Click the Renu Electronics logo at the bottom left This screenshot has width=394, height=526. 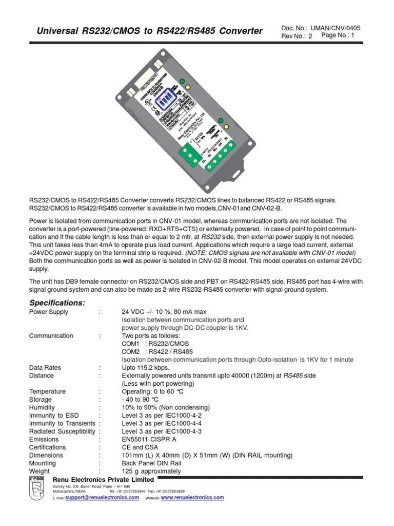tap(37, 490)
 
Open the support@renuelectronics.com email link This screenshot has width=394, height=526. tap(102, 498)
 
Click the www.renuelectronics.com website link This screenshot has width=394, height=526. tap(192, 498)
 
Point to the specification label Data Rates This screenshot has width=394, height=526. tap(45, 368)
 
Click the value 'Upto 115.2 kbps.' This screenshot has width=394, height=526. tap(145, 368)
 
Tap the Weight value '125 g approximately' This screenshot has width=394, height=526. tap(151, 471)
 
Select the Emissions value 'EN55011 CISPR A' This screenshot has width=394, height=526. tap(149, 439)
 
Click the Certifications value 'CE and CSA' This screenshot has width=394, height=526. tap(140, 447)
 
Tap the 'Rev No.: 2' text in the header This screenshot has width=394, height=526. tap(297, 36)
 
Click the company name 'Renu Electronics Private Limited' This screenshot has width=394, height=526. tap(103, 479)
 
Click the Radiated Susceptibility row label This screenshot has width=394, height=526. tap(62, 431)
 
